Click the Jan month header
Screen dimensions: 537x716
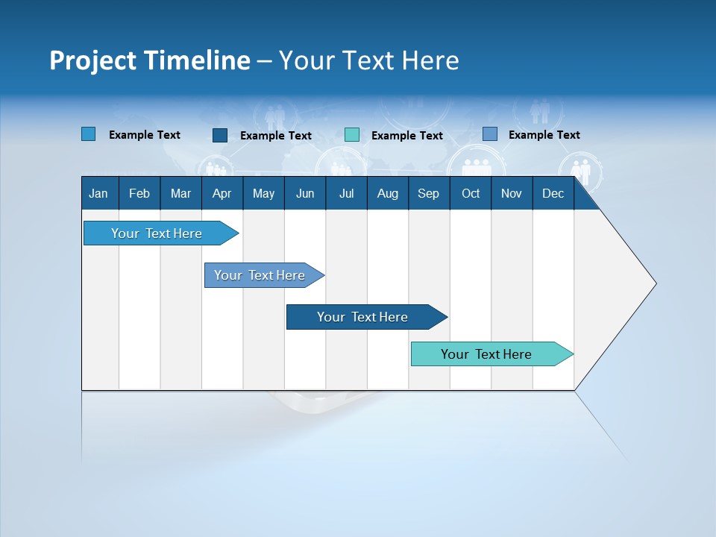98,193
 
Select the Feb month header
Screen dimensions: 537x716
139,193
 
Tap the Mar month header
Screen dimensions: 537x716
180,193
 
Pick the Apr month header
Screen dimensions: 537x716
222,193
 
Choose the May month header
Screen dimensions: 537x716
263,193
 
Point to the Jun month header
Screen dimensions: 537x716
305,193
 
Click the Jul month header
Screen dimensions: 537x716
346,193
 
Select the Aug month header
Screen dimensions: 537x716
387,193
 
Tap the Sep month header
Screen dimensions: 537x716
428,193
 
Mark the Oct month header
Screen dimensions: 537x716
471,193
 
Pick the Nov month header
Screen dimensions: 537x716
512,193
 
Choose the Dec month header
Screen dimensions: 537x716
553,193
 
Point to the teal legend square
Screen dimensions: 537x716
352,135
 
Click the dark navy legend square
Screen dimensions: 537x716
220,135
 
